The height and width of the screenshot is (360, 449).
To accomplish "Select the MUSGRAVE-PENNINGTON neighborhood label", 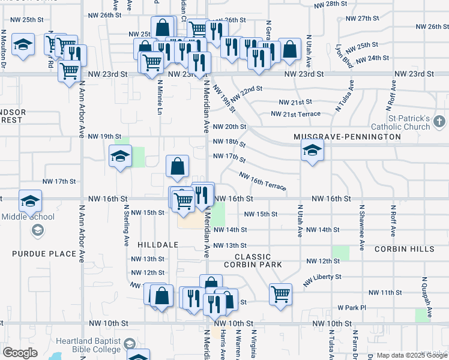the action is click(x=347, y=137).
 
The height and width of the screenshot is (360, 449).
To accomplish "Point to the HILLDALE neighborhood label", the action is click(x=158, y=245).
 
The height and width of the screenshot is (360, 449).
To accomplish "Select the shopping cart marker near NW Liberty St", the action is click(x=280, y=294).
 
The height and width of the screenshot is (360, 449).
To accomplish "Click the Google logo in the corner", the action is click(x=20, y=353).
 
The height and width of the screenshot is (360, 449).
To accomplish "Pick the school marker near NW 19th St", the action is click(x=120, y=157).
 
